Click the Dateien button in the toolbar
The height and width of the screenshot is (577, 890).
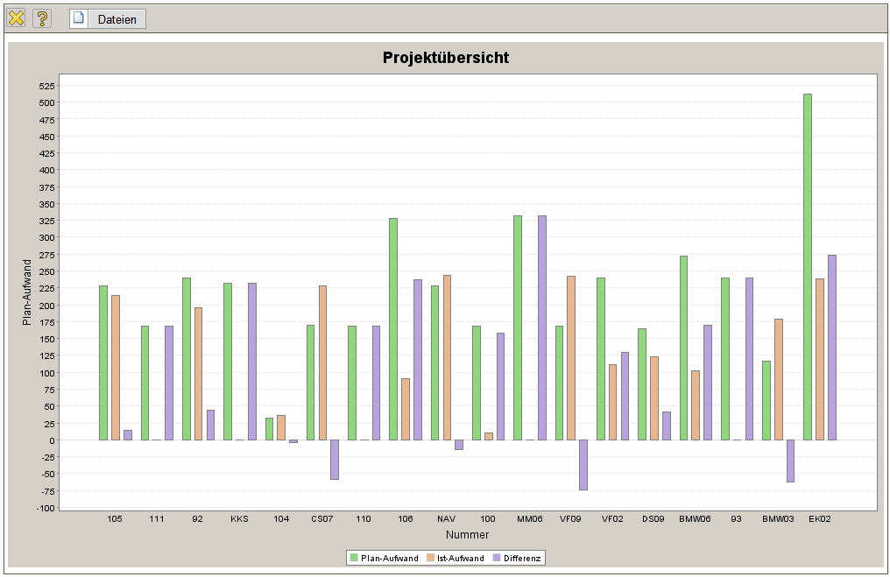[x=108, y=19]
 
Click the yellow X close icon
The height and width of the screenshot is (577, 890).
[x=16, y=18]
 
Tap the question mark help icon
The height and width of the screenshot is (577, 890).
[x=42, y=18]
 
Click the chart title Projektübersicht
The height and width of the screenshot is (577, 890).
[x=445, y=58]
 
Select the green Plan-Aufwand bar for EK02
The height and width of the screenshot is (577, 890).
[x=808, y=266]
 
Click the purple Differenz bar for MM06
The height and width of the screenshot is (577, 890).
[x=542, y=327]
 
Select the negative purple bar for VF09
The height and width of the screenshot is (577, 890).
[x=583, y=464]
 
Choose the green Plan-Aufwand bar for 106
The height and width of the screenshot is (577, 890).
[x=393, y=328]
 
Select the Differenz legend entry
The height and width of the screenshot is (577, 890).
[x=517, y=558]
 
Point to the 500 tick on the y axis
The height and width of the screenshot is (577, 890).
[x=46, y=102]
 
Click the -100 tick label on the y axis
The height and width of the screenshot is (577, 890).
[x=46, y=508]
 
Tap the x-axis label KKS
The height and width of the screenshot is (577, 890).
[x=239, y=518]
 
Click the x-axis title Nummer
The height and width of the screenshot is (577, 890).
[x=467, y=534]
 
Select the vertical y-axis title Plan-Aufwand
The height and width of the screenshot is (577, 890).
[x=27, y=292]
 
